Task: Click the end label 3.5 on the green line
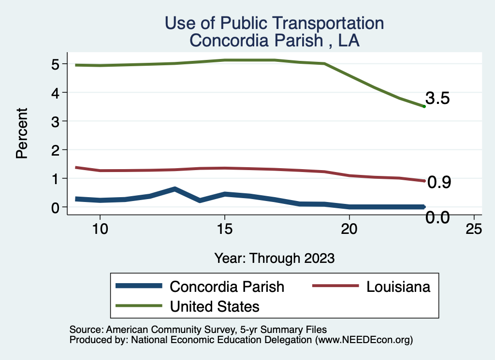click(x=437, y=99)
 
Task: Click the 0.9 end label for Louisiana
click(x=439, y=182)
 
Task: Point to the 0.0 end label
click(x=437, y=218)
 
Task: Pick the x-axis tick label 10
click(x=100, y=229)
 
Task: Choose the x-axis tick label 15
click(x=224, y=229)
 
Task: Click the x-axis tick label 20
click(x=349, y=229)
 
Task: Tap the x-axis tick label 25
click(x=474, y=229)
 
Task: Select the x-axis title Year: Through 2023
click(x=275, y=258)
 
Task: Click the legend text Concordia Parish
click(x=227, y=287)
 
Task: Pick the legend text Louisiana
click(x=398, y=287)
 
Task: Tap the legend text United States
click(x=215, y=306)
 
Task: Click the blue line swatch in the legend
click(x=139, y=287)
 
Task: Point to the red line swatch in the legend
click(x=335, y=287)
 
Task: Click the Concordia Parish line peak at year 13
click(x=175, y=189)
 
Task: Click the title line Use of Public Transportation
click(x=275, y=23)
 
